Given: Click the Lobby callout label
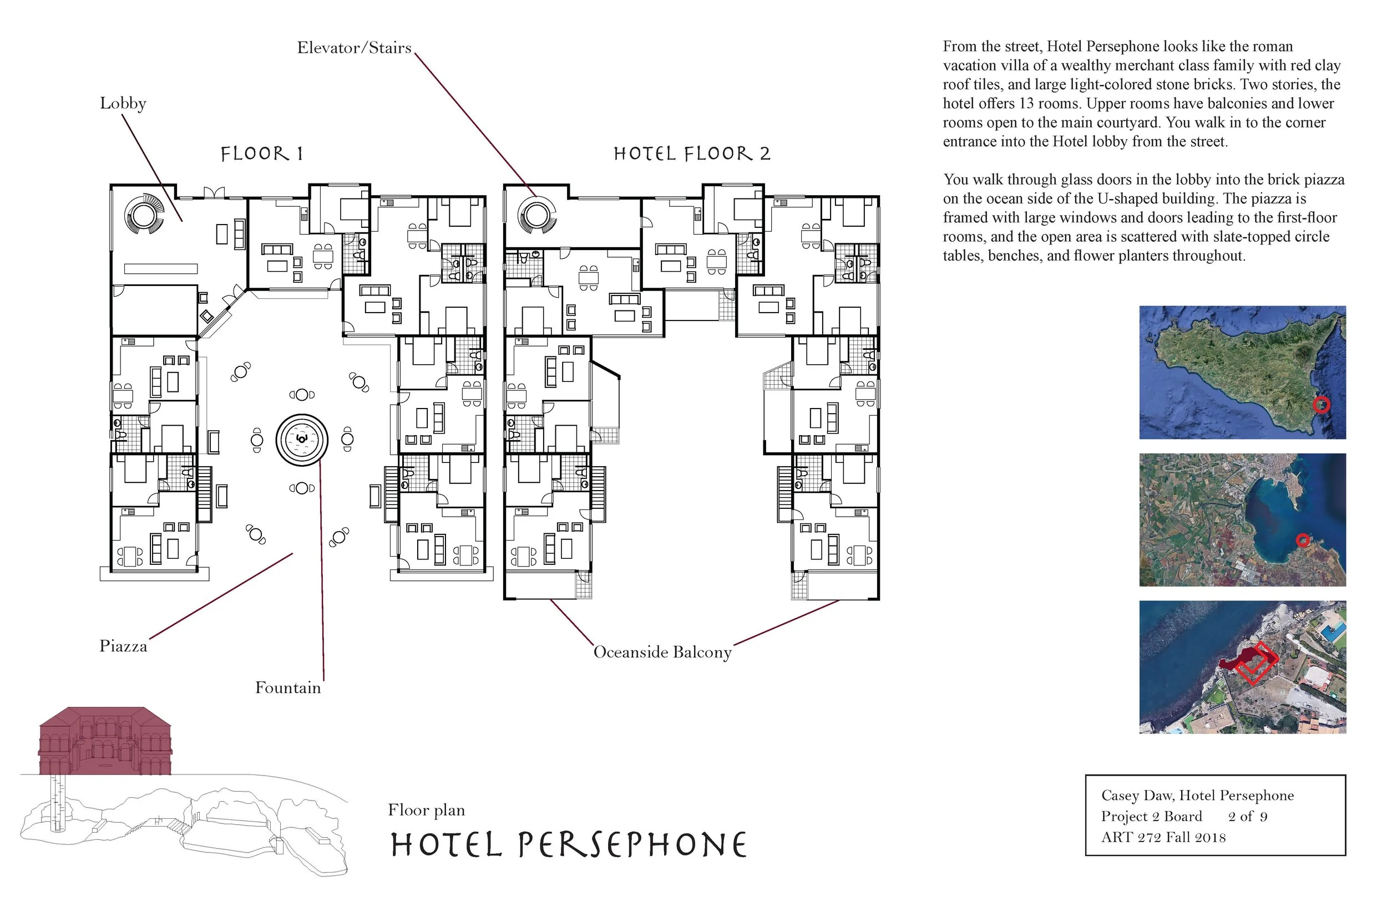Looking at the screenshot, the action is click(x=123, y=103).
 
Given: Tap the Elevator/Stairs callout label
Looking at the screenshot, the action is click(x=354, y=48).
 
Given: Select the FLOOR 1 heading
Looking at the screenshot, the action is click(x=262, y=154).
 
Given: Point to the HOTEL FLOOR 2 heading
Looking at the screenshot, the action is click(x=692, y=154).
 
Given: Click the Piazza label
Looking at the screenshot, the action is click(x=123, y=646).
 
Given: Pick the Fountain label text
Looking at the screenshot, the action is click(x=288, y=688).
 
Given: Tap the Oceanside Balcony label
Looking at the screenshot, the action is click(x=662, y=652).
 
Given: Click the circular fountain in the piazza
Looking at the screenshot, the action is click(x=302, y=439).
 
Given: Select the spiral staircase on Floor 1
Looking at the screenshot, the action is click(x=143, y=215).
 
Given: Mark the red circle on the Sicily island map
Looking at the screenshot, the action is click(x=1321, y=404).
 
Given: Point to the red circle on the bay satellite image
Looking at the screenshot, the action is click(x=1303, y=541).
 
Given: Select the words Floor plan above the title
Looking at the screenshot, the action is click(x=426, y=810).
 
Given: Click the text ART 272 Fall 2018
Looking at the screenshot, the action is click(x=1163, y=838).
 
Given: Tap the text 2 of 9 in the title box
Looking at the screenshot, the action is click(x=1247, y=817).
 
